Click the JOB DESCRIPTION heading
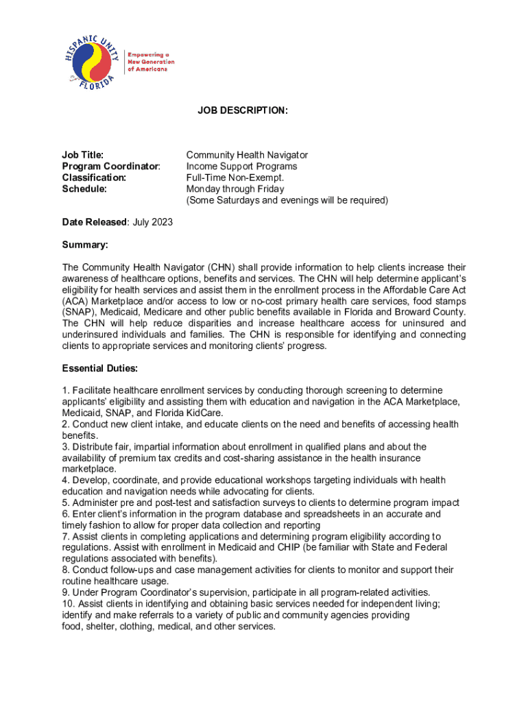coord(233,110)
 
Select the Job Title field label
coord(82,156)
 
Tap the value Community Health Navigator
coord(247,156)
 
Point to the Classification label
coord(94,178)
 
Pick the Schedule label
coord(84,189)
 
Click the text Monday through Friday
coord(235,189)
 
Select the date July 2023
coord(152,222)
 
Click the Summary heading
coord(85,245)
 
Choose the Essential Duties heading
coord(99,368)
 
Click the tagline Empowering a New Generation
coord(149,62)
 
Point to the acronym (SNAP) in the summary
coord(78,312)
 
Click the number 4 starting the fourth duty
coord(64,480)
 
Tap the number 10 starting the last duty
coord(67,603)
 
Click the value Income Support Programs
coord(241,167)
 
